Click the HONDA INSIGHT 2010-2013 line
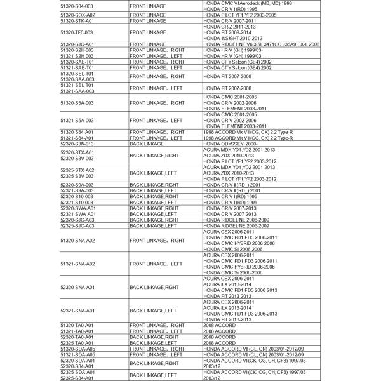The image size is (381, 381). pos(228,38)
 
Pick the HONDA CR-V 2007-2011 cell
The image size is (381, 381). pos(229,20)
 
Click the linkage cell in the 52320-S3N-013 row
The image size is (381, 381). pos(147,144)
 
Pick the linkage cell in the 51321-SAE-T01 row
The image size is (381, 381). pos(156,67)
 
